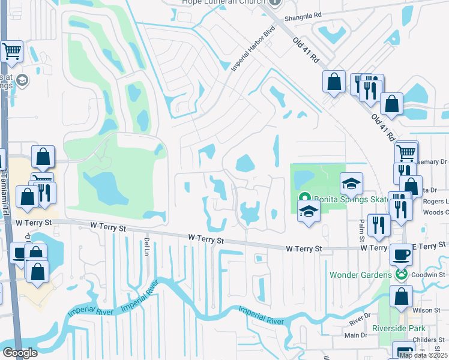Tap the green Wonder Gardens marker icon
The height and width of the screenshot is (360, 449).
pos(401,274)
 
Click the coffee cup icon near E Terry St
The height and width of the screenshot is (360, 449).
pos(401,254)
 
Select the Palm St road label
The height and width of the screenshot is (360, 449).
pos(362,230)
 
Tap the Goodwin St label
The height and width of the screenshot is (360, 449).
pos(428,271)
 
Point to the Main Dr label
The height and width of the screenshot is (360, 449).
pos(355,335)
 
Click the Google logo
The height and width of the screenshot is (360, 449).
pos(20,353)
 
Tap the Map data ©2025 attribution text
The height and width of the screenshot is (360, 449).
pos(423,355)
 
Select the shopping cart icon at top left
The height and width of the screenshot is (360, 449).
pos(11,52)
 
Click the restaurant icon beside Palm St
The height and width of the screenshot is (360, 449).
pos(378,225)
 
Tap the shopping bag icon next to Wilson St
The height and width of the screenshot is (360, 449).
pos(400,296)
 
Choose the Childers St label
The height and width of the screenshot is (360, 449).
pos(429,340)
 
